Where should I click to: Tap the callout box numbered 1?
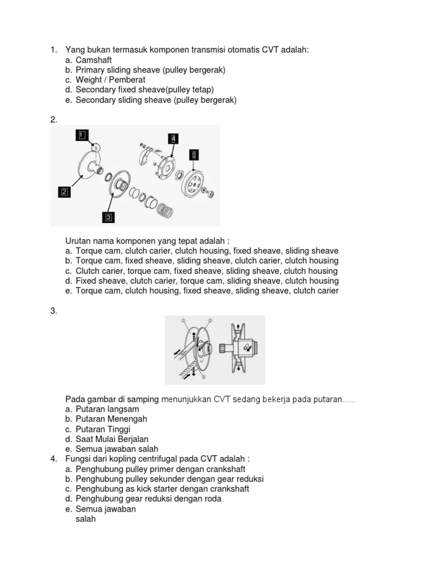pos(82,135)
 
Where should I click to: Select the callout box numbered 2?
pos(64,192)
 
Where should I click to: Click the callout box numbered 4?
pos(174,138)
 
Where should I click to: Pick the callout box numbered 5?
pos(193,154)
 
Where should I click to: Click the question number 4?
pos(53,459)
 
